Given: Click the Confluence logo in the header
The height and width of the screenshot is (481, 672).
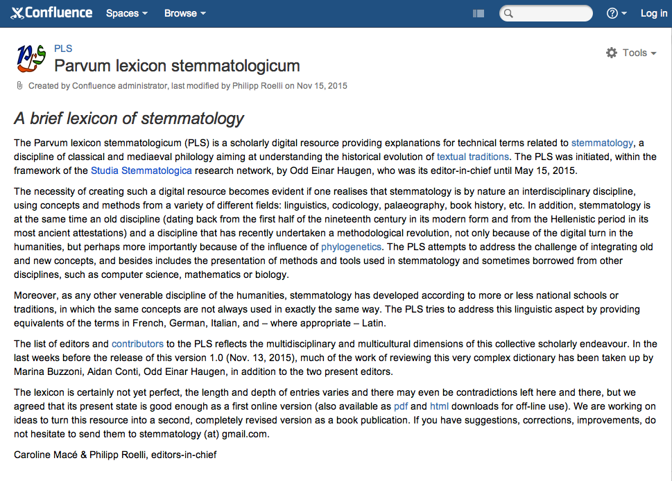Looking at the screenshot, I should click(x=52, y=13).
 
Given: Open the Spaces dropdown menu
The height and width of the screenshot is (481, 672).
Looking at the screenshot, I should click(x=126, y=13).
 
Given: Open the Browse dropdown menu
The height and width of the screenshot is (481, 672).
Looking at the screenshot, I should click(x=184, y=13).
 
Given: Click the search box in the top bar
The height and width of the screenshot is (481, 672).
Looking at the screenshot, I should click(x=551, y=13).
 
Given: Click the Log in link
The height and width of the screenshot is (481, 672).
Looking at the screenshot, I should click(x=653, y=13).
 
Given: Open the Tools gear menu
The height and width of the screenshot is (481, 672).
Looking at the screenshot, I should click(x=630, y=53).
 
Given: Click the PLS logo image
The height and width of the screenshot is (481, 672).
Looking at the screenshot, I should click(x=31, y=59).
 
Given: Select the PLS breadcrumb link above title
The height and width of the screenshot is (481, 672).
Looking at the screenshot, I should click(x=63, y=49).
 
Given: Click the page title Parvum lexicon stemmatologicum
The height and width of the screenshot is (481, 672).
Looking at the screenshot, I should click(x=177, y=66).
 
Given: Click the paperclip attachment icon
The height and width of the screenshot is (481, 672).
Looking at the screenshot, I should click(x=19, y=86).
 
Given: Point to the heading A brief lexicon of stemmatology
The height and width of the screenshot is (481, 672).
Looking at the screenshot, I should click(x=129, y=119).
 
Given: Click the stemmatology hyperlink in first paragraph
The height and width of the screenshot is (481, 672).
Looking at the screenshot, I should click(x=602, y=143).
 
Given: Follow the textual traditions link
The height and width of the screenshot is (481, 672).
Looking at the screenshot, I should click(x=472, y=157).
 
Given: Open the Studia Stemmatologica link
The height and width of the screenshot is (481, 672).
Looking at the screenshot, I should click(x=141, y=170).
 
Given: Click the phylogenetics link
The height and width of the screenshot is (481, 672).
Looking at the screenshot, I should click(x=351, y=247).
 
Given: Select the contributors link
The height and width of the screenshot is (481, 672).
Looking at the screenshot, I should click(x=137, y=344).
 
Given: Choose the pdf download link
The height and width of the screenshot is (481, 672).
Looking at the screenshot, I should click(x=400, y=406).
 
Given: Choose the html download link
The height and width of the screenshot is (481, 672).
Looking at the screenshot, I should click(x=439, y=406).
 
